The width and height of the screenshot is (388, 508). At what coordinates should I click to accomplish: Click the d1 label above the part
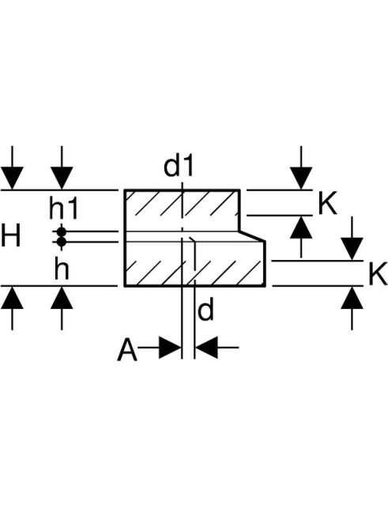179,166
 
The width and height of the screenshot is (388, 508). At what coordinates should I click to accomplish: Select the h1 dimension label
63,209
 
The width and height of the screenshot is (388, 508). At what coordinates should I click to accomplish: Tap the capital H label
11,236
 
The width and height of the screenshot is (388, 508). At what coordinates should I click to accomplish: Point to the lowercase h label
62,269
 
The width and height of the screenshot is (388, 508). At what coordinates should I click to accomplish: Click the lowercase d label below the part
205,310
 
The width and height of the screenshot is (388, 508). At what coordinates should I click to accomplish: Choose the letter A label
127,349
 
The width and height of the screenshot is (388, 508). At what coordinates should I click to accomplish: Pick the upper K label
327,204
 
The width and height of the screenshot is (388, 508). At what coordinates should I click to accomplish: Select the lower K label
378,274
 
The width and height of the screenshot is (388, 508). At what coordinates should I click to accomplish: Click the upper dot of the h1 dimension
62,231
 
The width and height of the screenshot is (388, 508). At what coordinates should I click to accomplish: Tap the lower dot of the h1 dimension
62,242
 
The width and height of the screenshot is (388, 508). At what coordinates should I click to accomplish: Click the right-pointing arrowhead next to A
170,348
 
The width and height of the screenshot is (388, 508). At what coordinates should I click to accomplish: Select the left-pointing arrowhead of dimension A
206,348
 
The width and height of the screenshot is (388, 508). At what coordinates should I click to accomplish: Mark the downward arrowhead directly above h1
62,178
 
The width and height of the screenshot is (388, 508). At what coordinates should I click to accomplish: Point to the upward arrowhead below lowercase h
62,298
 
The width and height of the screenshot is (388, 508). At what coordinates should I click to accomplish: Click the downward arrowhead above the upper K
301,178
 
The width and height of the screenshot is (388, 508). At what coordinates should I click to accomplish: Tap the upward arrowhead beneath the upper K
301,228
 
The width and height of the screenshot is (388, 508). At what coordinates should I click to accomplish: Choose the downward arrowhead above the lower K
352,249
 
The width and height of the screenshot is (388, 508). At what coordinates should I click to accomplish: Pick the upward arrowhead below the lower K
352,298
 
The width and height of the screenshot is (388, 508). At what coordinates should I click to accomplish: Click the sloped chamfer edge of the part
253,236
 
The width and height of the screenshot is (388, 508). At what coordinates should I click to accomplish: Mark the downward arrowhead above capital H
12,178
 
